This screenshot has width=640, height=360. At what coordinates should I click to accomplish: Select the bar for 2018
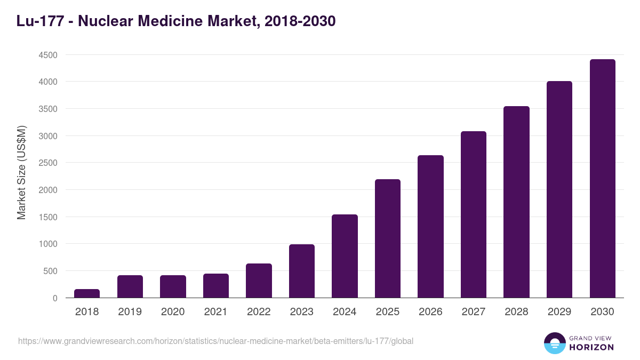(87, 293)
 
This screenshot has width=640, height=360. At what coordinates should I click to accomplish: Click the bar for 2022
(259, 281)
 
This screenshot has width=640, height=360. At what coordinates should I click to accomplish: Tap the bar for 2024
(345, 256)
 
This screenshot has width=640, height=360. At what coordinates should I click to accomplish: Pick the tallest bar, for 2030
(602, 179)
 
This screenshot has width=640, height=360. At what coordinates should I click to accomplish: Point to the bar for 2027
(474, 214)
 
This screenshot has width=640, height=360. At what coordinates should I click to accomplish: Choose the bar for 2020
(173, 286)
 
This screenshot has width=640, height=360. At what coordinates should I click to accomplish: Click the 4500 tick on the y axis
(47, 55)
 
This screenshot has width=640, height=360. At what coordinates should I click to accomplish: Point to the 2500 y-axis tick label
(47, 163)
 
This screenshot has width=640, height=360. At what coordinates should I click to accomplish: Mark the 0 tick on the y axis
(55, 298)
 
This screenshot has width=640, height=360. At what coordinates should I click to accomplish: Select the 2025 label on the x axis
(388, 312)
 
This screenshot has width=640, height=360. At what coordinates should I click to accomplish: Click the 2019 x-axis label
(130, 312)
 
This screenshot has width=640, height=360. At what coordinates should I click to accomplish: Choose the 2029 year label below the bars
(559, 312)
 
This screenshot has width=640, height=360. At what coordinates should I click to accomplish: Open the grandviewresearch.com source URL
(215, 341)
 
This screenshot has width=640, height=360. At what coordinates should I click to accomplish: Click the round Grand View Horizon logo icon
(554, 343)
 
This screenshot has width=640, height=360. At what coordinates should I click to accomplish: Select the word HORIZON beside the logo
(591, 347)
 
